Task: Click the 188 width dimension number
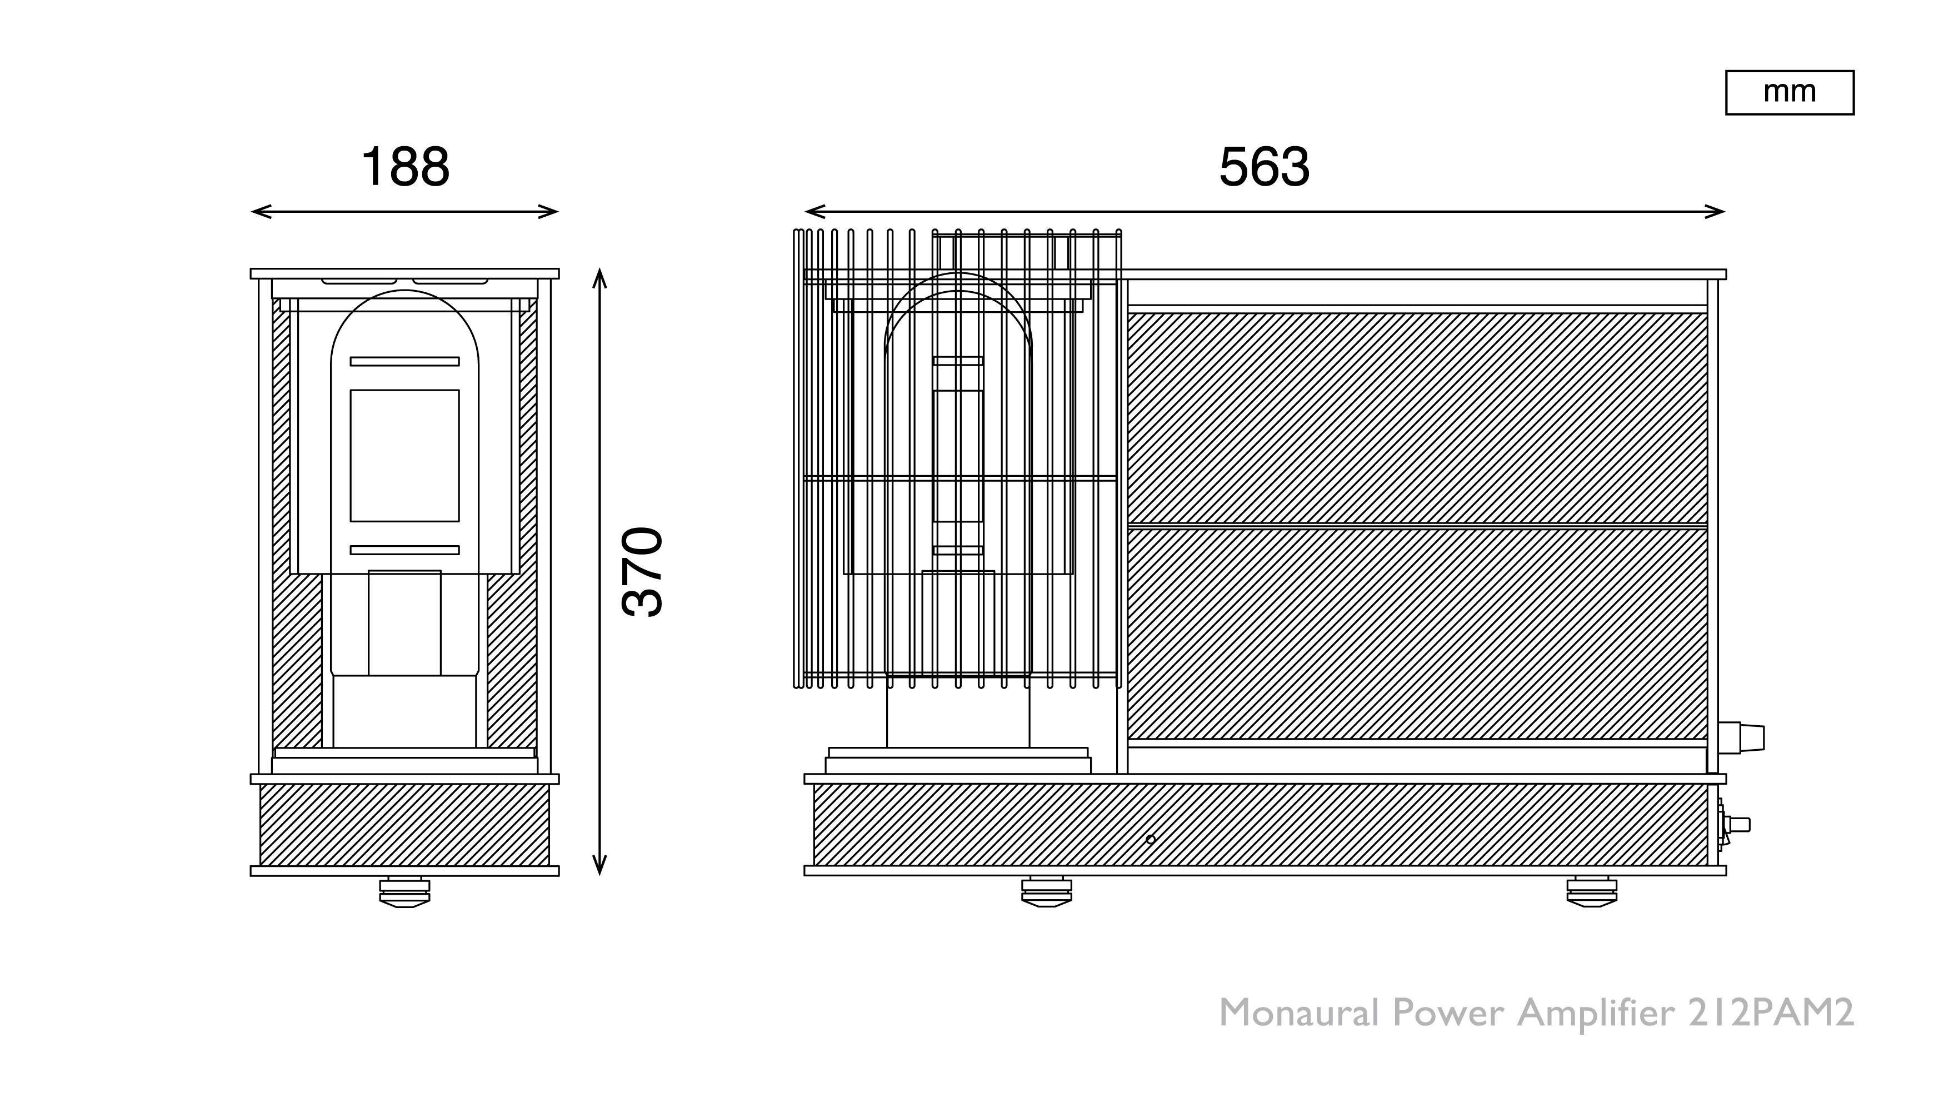[406, 167]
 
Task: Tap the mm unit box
[1790, 92]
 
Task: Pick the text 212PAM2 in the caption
[1771, 1013]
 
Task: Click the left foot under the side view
[1046, 892]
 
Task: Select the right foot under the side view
[1591, 892]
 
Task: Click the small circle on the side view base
[1151, 840]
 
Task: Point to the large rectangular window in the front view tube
[405, 456]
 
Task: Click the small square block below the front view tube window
[405, 622]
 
